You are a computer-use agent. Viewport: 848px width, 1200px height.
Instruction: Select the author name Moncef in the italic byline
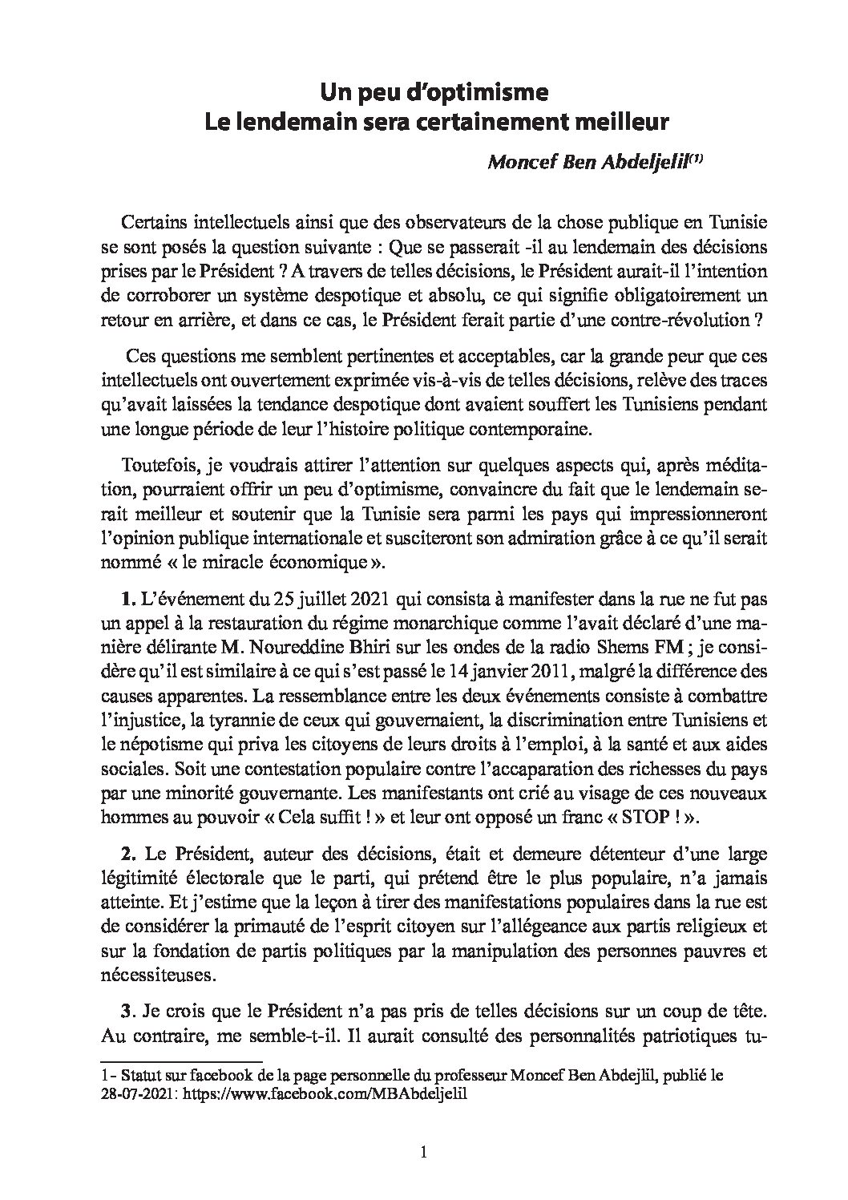[x=518, y=163]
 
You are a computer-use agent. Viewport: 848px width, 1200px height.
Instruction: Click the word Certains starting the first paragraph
[x=152, y=220]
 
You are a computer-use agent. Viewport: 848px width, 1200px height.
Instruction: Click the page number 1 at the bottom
[x=424, y=1154]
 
